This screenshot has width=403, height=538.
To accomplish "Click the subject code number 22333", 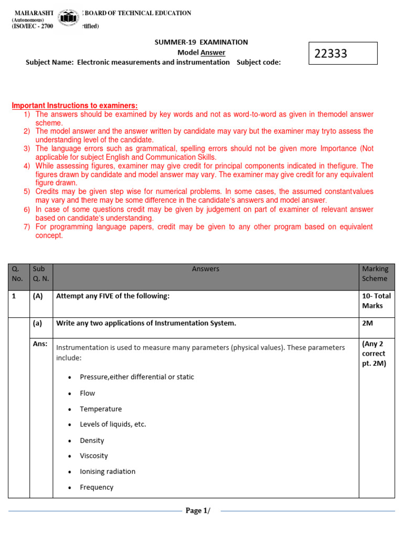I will [x=331, y=54].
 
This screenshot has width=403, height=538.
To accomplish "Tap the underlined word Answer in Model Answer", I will [x=213, y=52].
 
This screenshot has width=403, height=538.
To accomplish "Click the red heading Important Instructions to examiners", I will [x=75, y=106].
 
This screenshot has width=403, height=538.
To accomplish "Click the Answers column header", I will [x=206, y=269].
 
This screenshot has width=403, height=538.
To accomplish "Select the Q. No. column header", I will [x=17, y=274].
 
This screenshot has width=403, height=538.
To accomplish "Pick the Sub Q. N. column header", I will [x=40, y=274].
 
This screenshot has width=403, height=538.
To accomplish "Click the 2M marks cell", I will [x=367, y=323].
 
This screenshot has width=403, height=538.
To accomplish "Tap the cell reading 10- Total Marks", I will [x=376, y=301].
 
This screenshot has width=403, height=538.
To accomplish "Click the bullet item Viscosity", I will [x=94, y=456].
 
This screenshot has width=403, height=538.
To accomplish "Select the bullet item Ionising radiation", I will [x=108, y=471].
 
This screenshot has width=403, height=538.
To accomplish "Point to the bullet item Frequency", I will [x=97, y=487].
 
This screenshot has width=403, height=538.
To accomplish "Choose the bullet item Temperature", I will [x=101, y=409].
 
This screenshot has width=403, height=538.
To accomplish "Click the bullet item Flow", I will [x=88, y=393].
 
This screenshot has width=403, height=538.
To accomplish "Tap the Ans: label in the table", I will [x=40, y=344].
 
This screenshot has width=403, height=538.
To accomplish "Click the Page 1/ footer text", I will [x=197, y=511].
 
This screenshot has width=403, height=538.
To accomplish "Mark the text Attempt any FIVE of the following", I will [x=113, y=296].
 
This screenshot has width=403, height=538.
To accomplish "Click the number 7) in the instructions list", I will [x=27, y=226].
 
